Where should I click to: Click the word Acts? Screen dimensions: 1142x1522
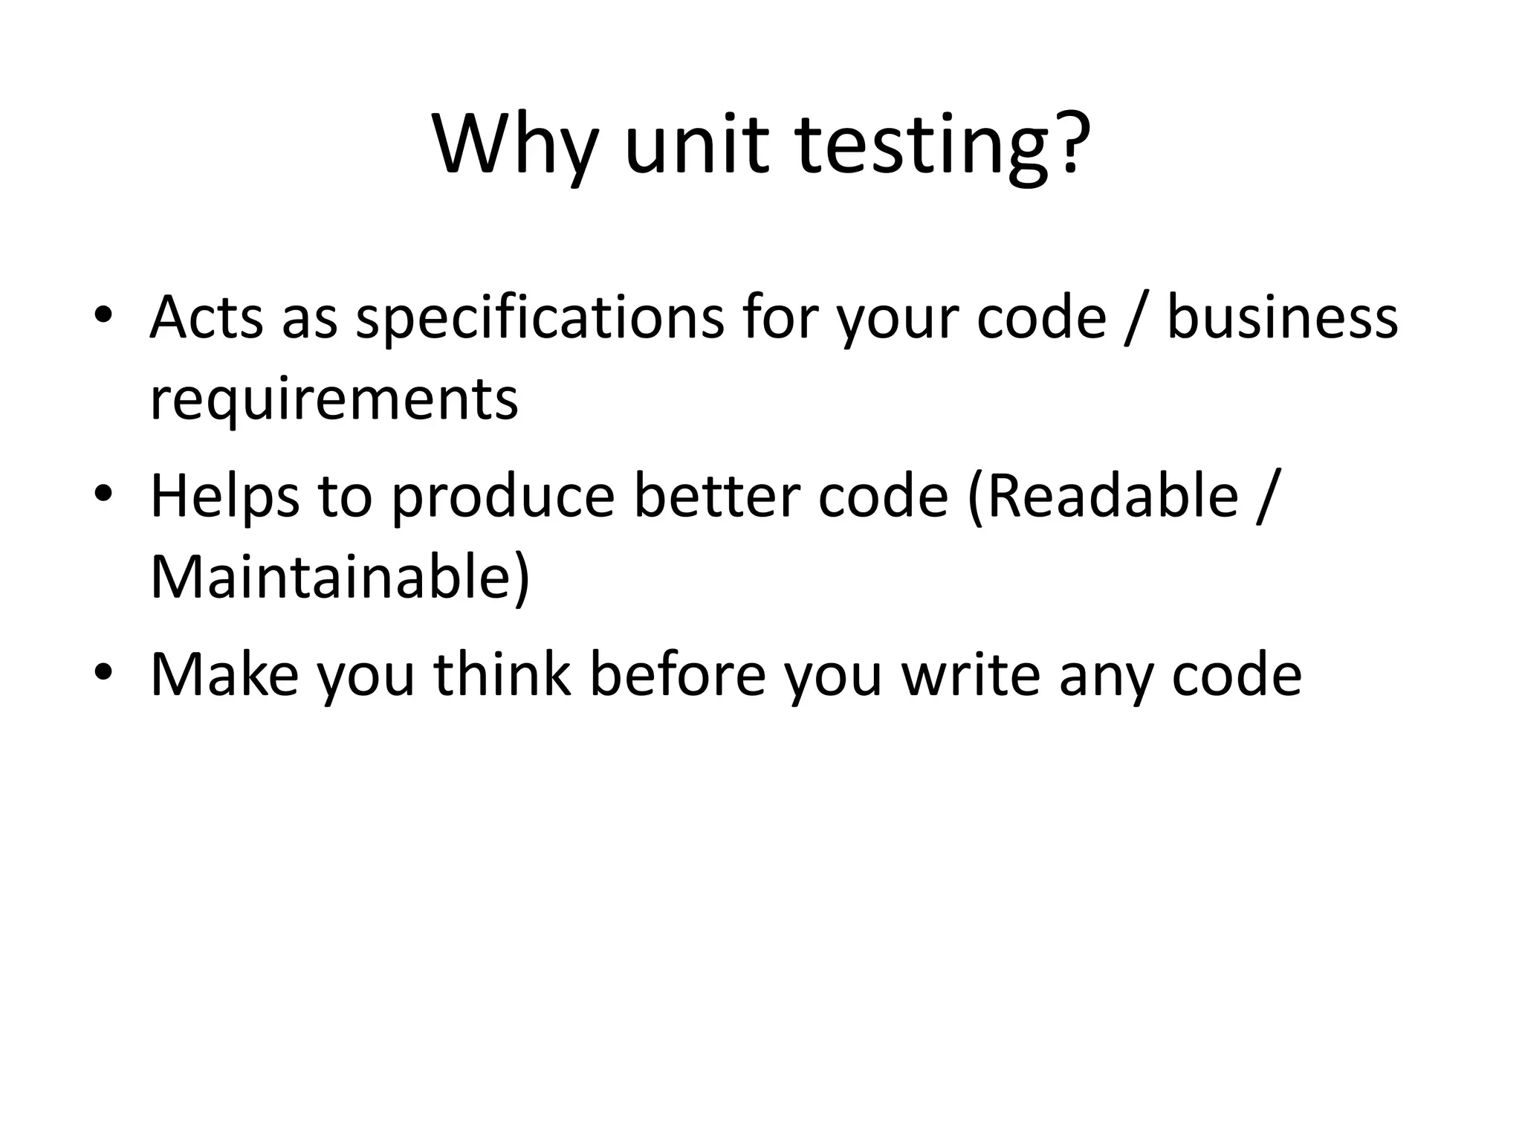point(206,317)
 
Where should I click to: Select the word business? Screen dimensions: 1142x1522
point(1282,317)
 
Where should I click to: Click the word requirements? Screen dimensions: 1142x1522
point(334,400)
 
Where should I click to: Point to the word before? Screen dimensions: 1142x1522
point(677,674)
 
